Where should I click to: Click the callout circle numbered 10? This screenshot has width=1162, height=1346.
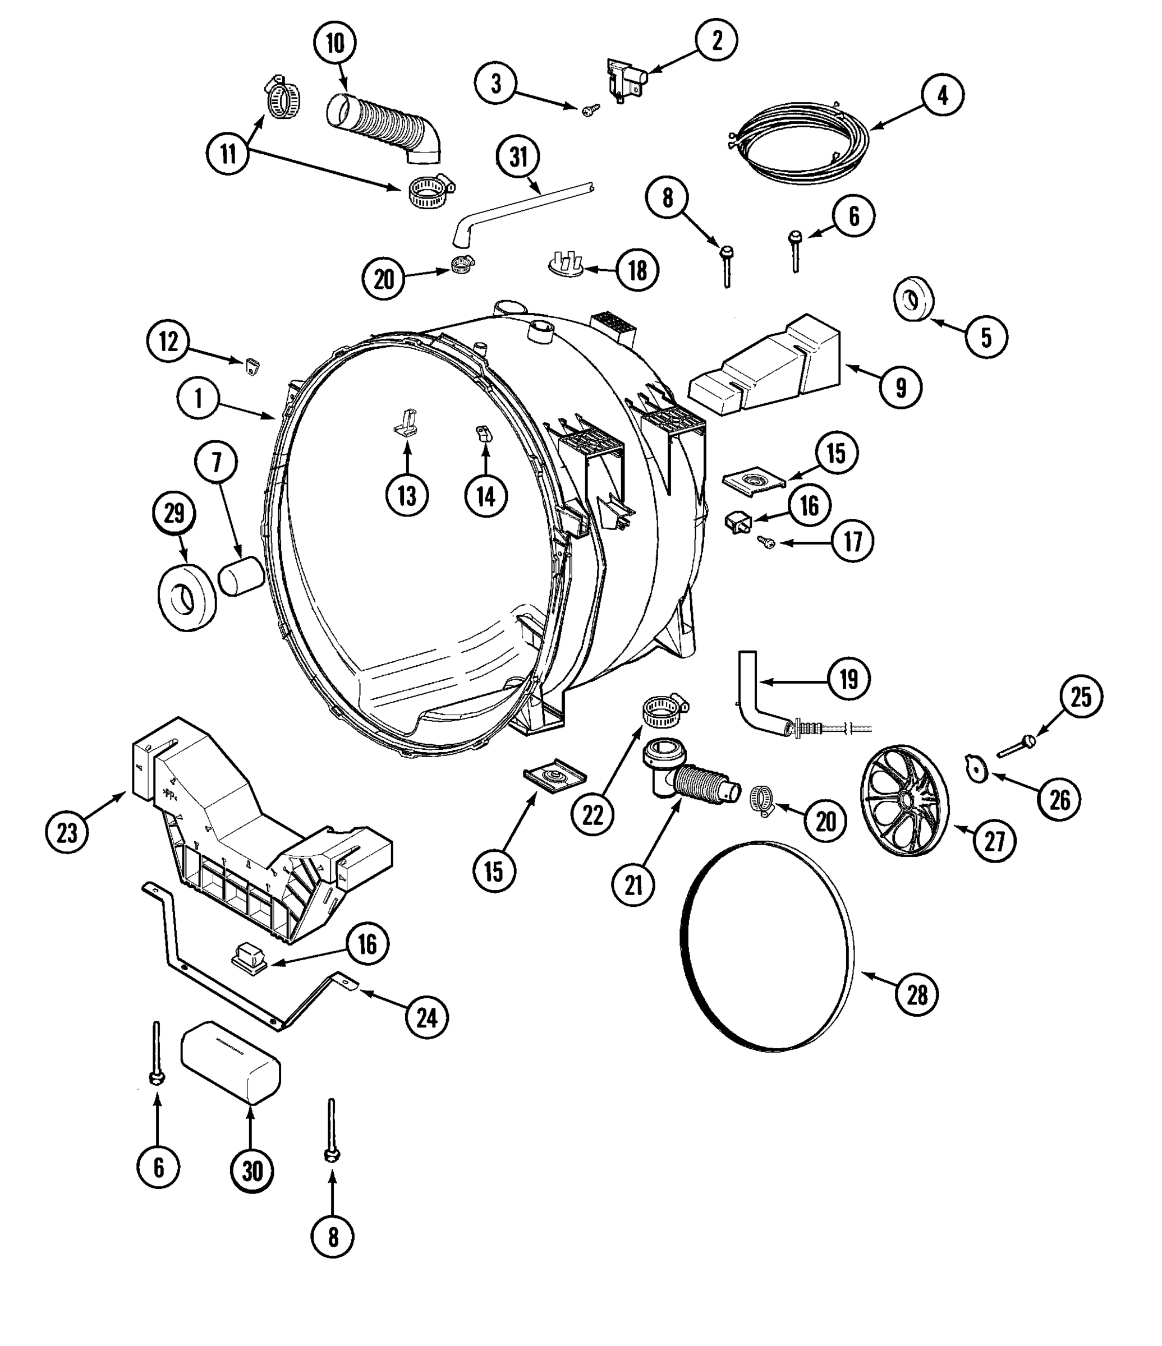point(335,44)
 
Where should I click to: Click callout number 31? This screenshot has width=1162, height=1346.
point(518,156)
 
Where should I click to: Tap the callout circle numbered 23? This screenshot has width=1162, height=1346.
point(67,832)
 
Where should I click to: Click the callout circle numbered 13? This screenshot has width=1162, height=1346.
point(407,496)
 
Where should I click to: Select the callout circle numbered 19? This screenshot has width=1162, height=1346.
point(849,680)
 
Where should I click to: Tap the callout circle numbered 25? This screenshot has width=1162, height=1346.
point(1081,697)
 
